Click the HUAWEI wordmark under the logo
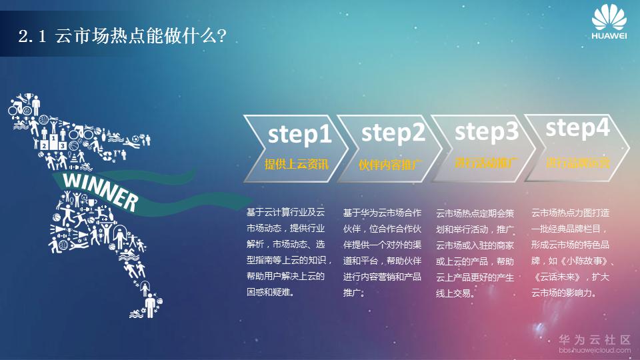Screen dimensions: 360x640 609,37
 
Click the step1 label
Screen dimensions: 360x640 299,135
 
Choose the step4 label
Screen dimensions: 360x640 577,129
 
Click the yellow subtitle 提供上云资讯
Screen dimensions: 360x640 297,163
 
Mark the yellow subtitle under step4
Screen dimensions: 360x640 577,162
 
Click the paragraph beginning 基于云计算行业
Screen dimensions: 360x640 288,252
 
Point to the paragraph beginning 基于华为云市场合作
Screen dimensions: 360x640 382,253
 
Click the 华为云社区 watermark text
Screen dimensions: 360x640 594,340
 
